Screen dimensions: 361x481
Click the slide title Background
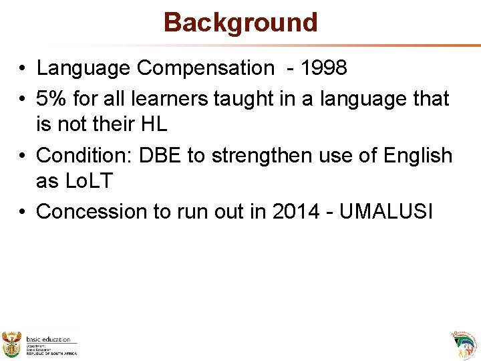(x=240, y=22)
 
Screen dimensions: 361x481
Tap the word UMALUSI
(x=387, y=211)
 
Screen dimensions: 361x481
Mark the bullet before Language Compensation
(x=23, y=68)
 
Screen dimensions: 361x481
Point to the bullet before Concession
(x=23, y=211)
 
